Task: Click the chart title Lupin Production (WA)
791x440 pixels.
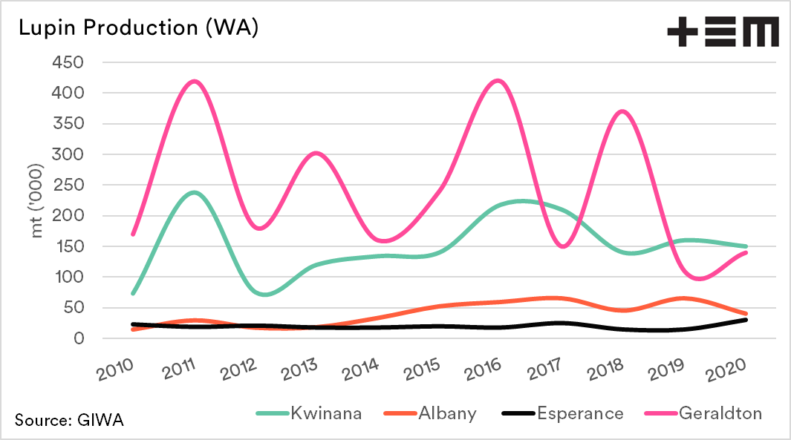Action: (138, 28)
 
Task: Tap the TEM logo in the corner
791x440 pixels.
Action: (722, 33)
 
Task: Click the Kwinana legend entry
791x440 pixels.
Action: (309, 413)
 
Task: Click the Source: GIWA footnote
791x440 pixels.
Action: (69, 421)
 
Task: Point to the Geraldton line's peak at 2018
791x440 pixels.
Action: (623, 111)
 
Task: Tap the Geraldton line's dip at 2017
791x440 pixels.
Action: (562, 246)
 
